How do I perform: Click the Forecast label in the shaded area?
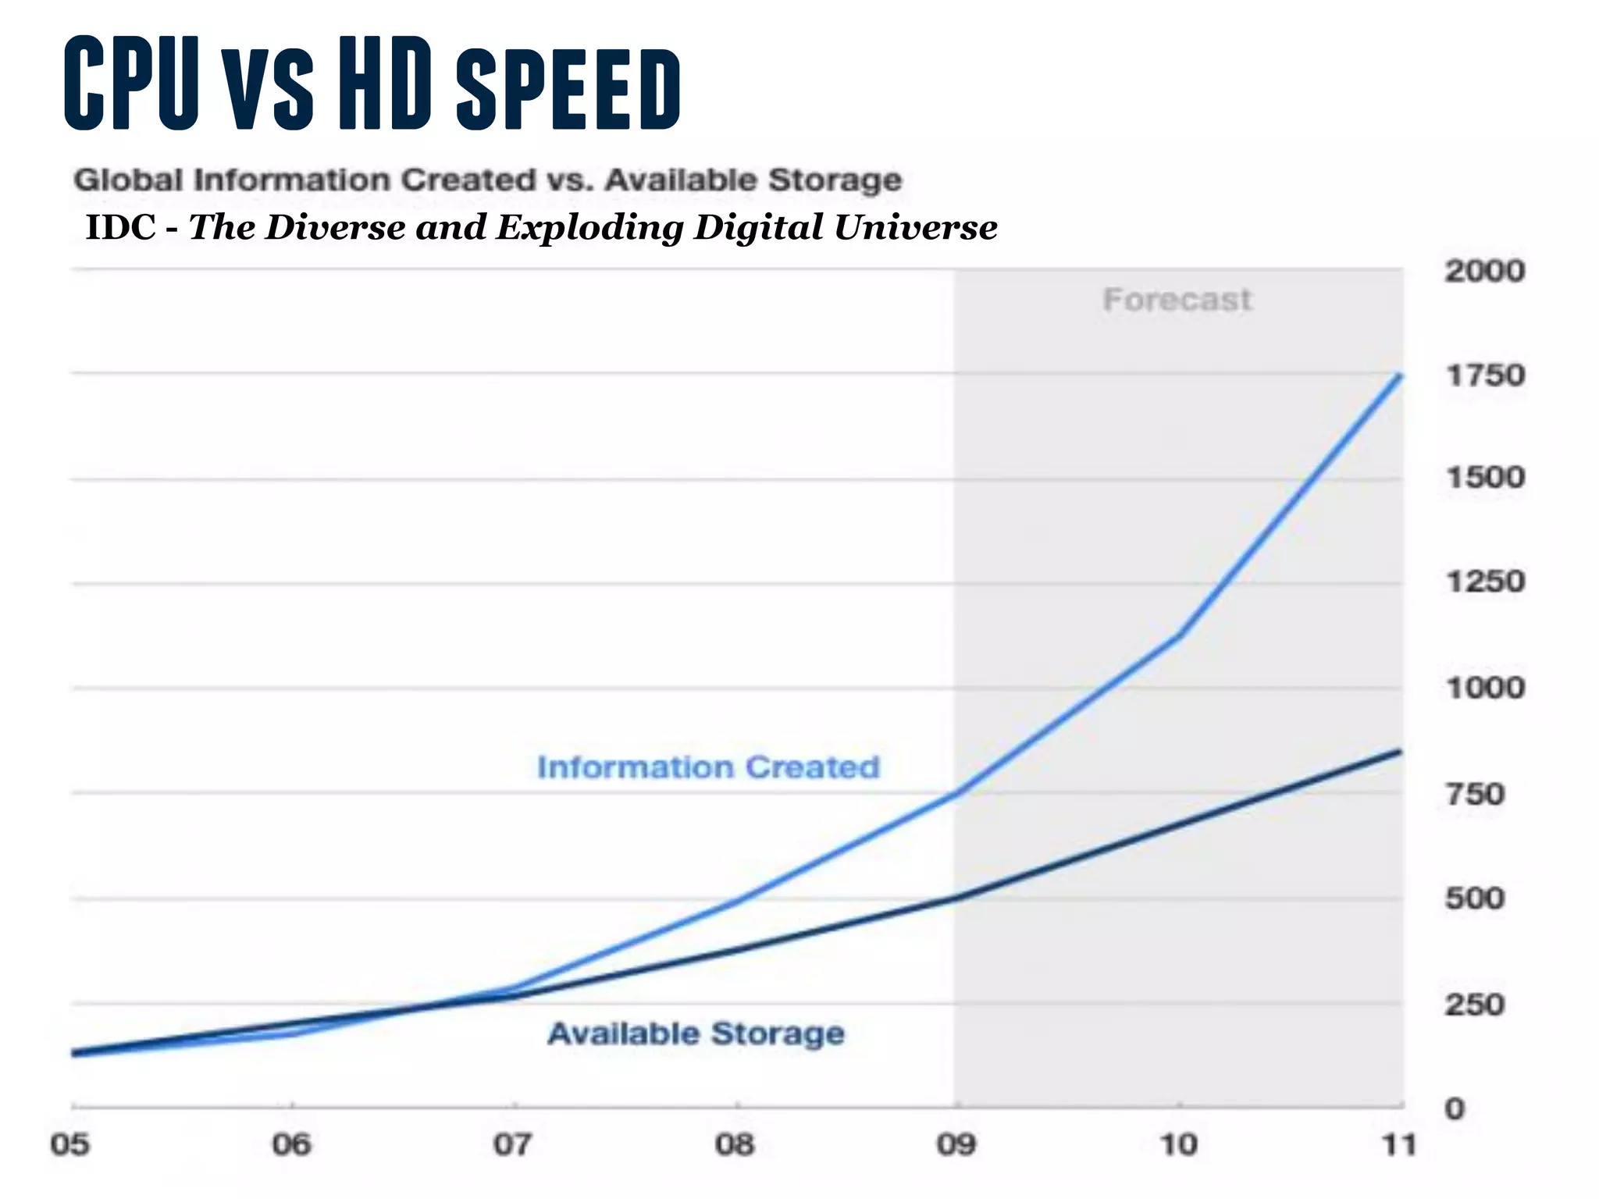pyautogui.click(x=1177, y=300)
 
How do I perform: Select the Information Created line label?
pyautogui.click(x=708, y=767)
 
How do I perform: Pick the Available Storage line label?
pyautogui.click(x=696, y=1034)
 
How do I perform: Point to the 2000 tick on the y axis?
pyautogui.click(x=1484, y=272)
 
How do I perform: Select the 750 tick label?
pyautogui.click(x=1474, y=795)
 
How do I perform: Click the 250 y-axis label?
pyautogui.click(x=1474, y=1005)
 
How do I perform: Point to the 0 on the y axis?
pyautogui.click(x=1454, y=1108)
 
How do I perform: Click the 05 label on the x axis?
pyautogui.click(x=70, y=1145)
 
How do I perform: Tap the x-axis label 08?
pyautogui.click(x=735, y=1145)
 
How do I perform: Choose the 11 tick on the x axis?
pyautogui.click(x=1398, y=1145)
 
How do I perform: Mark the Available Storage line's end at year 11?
pyautogui.click(x=1400, y=752)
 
